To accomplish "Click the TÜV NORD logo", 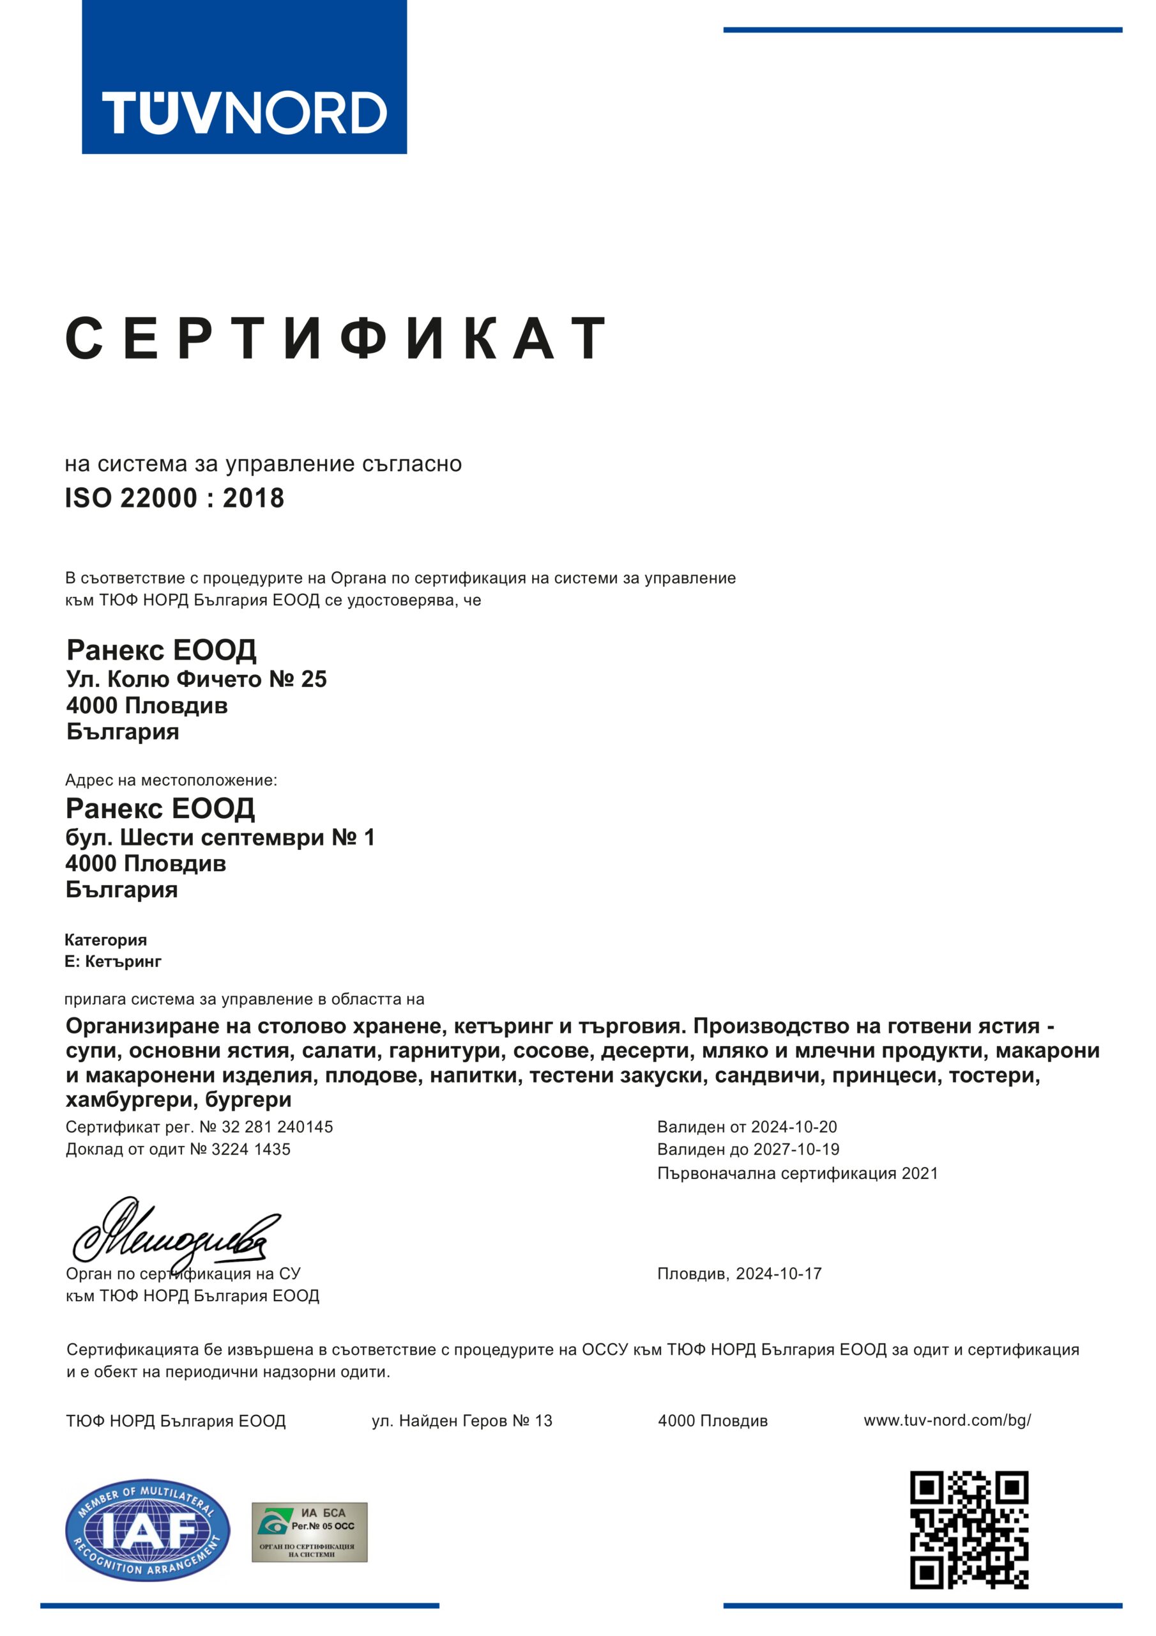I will pyautogui.click(x=245, y=77).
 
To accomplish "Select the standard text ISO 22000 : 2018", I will pyautogui.click(x=174, y=498).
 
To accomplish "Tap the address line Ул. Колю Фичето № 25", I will pyautogui.click(x=197, y=679).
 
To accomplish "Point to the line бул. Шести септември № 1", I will pyautogui.click(x=220, y=837).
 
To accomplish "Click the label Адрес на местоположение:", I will pyautogui.click(x=171, y=780).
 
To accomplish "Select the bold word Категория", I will pyautogui.click(x=105, y=940).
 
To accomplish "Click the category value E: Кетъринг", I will pyautogui.click(x=113, y=961).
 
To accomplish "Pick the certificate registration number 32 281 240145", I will pyautogui.click(x=278, y=1127).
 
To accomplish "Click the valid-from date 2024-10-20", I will pyautogui.click(x=794, y=1127).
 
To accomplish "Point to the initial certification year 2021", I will pyautogui.click(x=920, y=1173).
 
